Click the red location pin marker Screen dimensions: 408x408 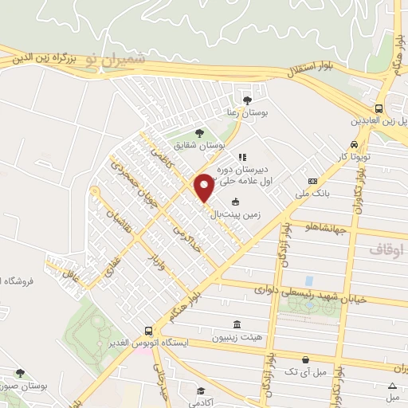[204, 187]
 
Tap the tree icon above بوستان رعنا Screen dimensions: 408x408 [247, 100]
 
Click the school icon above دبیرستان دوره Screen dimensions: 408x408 [242, 157]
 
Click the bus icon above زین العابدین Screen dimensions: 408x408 [379, 109]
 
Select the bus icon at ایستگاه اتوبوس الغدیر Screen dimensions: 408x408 [149, 331]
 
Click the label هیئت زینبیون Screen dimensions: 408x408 [237, 337]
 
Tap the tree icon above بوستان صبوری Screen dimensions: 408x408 [20, 372]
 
